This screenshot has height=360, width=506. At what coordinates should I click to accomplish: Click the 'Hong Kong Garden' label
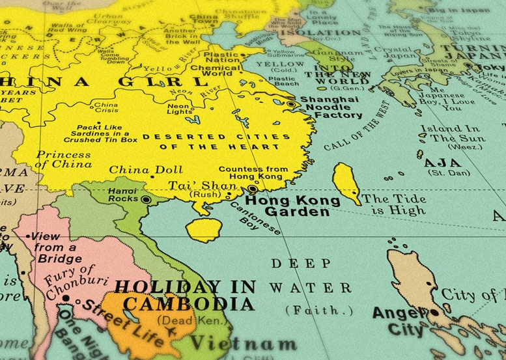(292, 206)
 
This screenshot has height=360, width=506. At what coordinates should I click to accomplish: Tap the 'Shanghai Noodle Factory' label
(329, 107)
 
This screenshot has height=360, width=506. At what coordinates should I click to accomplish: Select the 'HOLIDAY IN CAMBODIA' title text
(185, 296)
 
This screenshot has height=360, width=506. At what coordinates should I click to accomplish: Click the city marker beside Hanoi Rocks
(147, 200)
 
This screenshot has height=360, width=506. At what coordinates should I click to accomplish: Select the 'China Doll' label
(136, 170)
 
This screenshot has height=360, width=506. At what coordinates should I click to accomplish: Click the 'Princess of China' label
(64, 159)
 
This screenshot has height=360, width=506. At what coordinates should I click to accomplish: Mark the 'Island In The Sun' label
(452, 134)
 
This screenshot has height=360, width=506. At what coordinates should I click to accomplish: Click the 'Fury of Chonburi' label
(70, 279)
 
